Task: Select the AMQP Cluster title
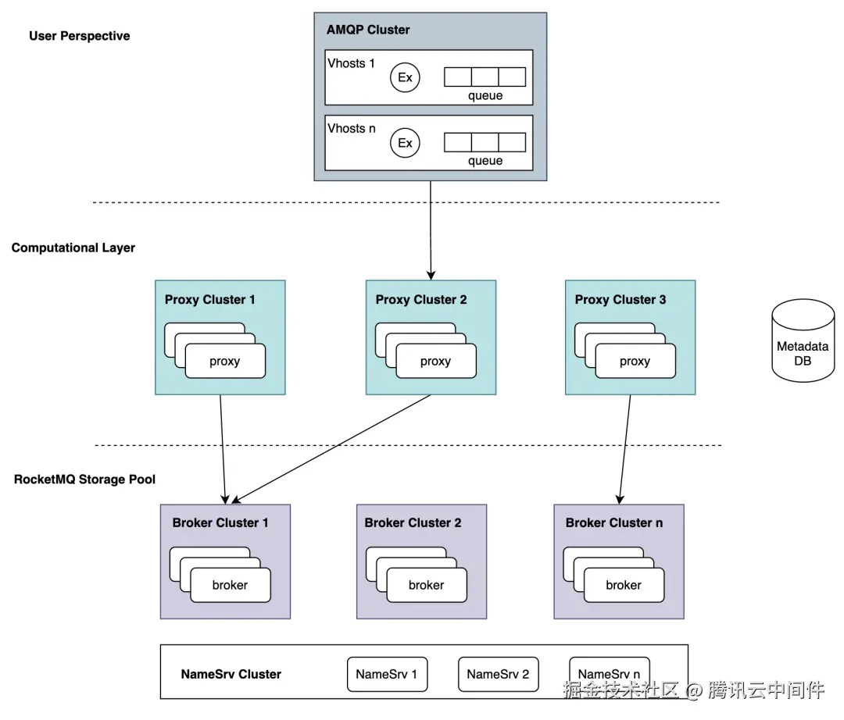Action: pyautogui.click(x=368, y=30)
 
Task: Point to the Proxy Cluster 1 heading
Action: pyautogui.click(x=210, y=300)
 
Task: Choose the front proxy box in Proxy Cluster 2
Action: pyautogui.click(x=436, y=361)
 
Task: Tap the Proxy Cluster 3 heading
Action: pyautogui.click(x=620, y=300)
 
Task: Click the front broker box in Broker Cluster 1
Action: pyautogui.click(x=231, y=585)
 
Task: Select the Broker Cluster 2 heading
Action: pyautogui.click(x=413, y=522)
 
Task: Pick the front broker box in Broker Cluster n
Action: pyautogui.click(x=624, y=585)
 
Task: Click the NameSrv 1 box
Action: pyautogui.click(x=387, y=674)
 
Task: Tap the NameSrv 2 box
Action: pyautogui.click(x=498, y=674)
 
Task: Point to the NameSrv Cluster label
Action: pyautogui.click(x=231, y=674)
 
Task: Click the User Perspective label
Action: pyautogui.click(x=80, y=36)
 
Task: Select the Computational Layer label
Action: pyautogui.click(x=73, y=248)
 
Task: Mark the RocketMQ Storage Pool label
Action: pyautogui.click(x=84, y=479)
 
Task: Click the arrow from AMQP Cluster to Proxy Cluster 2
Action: pyautogui.click(x=431, y=230)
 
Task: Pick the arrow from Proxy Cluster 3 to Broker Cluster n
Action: pyautogui.click(x=625, y=450)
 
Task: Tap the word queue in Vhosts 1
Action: pyautogui.click(x=485, y=96)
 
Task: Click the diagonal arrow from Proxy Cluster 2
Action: pyautogui.click(x=331, y=449)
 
